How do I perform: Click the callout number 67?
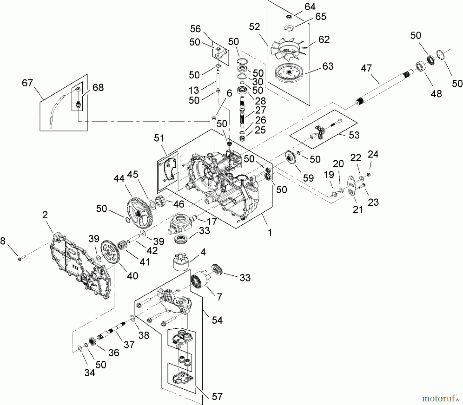click(28, 83)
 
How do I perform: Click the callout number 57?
click(217, 397)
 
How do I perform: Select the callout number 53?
click(354, 135)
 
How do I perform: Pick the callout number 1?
click(270, 233)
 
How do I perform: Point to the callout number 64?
click(310, 7)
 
